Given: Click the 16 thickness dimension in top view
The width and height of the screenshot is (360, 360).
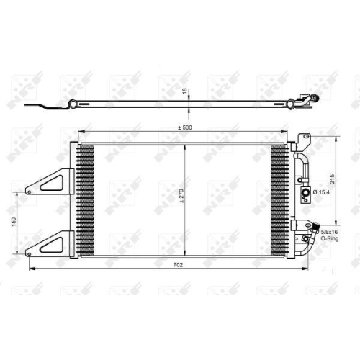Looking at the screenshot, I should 184,92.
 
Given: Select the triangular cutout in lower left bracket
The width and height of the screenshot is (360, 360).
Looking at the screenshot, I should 53,246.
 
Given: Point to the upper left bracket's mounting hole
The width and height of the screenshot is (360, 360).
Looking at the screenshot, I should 30,192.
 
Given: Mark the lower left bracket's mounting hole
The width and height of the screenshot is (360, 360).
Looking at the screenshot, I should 30,253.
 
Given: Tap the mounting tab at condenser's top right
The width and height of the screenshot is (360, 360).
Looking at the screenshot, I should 304,138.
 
